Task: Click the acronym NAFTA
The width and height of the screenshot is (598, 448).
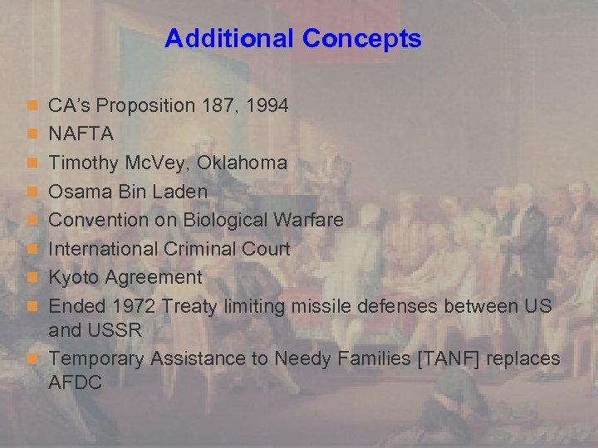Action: coord(81,134)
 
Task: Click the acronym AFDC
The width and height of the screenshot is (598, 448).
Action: coord(75,383)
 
